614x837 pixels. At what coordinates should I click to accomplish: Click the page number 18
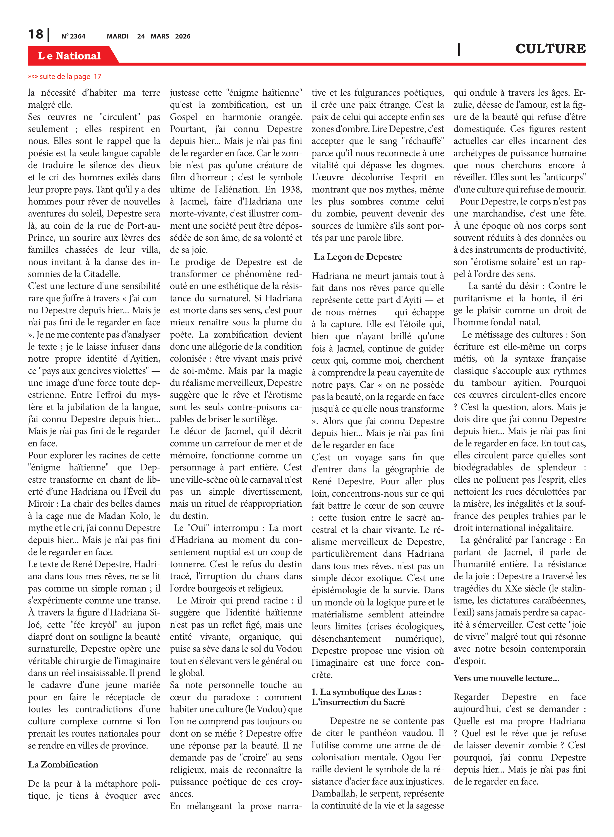click(x=36, y=34)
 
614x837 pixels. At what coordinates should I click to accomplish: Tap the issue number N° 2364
click(x=73, y=36)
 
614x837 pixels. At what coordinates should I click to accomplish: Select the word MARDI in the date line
click(x=117, y=36)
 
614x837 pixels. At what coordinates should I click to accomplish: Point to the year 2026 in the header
click(x=183, y=36)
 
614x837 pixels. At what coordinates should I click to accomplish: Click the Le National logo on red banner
click(x=69, y=56)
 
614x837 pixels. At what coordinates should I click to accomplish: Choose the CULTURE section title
click(x=550, y=49)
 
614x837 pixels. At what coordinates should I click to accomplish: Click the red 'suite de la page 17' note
click(x=65, y=76)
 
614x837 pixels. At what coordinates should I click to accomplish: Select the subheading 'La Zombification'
click(x=63, y=764)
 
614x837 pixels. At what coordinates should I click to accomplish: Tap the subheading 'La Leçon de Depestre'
click(x=358, y=257)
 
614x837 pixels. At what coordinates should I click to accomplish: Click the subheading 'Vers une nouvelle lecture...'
click(x=506, y=678)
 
